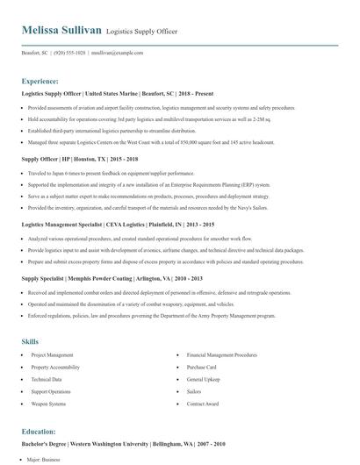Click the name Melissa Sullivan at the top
click(61, 31)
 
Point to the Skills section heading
click(30, 340)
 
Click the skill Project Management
click(53, 355)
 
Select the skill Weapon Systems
click(48, 404)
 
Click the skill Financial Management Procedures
click(220, 355)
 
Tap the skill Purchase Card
click(201, 368)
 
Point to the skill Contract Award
click(202, 404)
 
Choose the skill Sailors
click(195, 391)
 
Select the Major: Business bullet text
click(47, 460)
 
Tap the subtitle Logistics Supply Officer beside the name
click(141, 32)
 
